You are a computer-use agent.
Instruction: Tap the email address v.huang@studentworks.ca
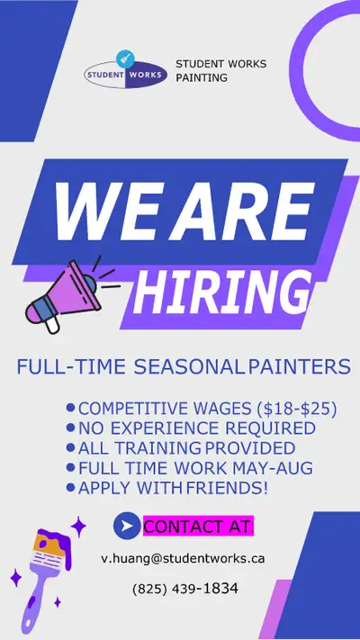183,557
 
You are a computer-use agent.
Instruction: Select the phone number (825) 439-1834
185,589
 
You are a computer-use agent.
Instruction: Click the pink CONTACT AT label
198,526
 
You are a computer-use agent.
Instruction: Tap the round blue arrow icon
127,526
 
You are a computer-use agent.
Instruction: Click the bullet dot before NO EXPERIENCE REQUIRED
70,428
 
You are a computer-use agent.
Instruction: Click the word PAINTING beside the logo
202,77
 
